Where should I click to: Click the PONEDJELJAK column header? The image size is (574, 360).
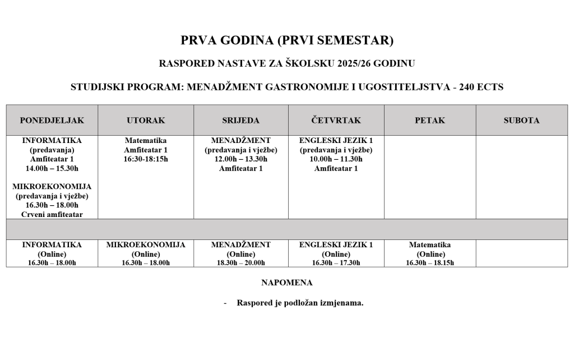click(52, 121)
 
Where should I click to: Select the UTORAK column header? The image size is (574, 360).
click(146, 121)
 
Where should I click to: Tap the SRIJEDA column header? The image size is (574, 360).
click(241, 121)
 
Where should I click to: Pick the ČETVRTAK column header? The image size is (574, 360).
click(336, 121)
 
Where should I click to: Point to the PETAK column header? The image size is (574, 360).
click(430, 121)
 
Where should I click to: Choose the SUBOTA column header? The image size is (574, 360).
click(521, 121)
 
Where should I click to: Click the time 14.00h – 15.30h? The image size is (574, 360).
click(52, 168)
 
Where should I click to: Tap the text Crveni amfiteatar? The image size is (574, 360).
click(52, 215)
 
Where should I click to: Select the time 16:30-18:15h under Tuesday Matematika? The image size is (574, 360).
click(146, 159)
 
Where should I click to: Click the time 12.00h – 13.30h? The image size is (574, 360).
click(241, 159)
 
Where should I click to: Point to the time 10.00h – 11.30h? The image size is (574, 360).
click(336, 159)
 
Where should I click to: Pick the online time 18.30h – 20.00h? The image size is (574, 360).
click(241, 262)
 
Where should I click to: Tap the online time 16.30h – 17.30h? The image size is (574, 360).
click(336, 262)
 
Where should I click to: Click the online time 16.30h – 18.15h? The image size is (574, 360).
click(430, 262)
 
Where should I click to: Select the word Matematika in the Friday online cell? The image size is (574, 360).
click(430, 245)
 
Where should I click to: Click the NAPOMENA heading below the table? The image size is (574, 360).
click(287, 283)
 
